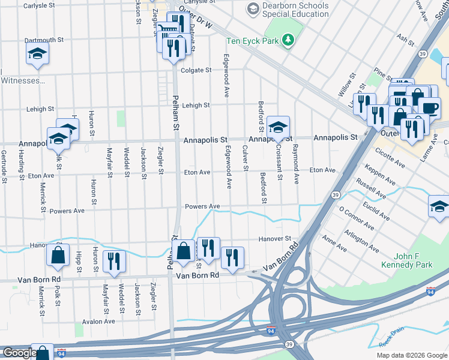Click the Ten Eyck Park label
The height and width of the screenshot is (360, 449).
point(253,41)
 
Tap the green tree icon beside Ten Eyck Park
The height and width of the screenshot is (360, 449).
point(289,40)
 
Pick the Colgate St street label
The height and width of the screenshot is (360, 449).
point(197,70)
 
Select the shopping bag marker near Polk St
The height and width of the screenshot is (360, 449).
point(58,254)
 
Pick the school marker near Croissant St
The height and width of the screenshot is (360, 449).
point(278,127)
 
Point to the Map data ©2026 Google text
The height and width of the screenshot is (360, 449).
point(412,355)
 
